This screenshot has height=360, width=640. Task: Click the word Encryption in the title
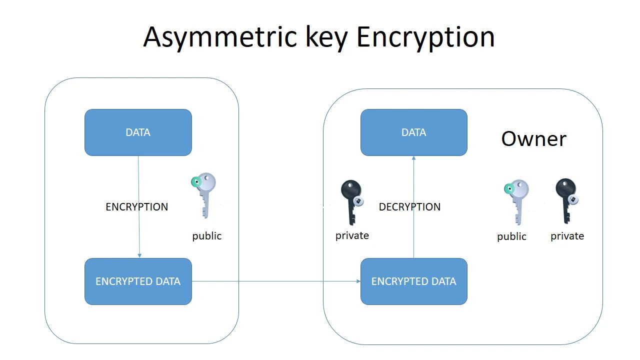[x=425, y=37]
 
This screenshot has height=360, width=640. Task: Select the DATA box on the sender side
[x=138, y=132]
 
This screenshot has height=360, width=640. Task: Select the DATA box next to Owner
[x=414, y=132]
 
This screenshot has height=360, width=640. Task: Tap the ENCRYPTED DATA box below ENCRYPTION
[x=138, y=281]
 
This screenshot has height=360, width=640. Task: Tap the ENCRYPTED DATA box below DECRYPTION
[x=414, y=281]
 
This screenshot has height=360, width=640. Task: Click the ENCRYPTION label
[x=136, y=207]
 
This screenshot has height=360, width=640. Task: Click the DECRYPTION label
[x=409, y=207]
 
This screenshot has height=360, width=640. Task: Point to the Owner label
[x=533, y=138]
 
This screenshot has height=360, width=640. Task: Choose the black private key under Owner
[x=566, y=200]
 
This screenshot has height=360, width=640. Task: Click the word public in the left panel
[x=206, y=236]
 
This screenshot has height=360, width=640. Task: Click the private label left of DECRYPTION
[x=352, y=235]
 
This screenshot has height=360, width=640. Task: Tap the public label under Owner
[x=511, y=236]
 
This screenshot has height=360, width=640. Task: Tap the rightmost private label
[x=567, y=236]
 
